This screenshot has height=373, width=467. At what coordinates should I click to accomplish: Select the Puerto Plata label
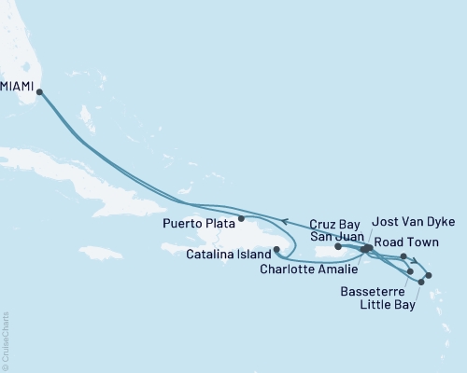coord(199,222)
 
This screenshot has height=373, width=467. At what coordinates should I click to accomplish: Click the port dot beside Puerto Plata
coord(242,220)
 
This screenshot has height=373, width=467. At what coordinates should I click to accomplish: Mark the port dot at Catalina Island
coord(276,249)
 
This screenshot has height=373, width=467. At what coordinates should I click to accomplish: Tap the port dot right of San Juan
coord(337,247)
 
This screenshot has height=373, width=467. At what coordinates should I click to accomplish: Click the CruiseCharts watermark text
coord(6,340)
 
